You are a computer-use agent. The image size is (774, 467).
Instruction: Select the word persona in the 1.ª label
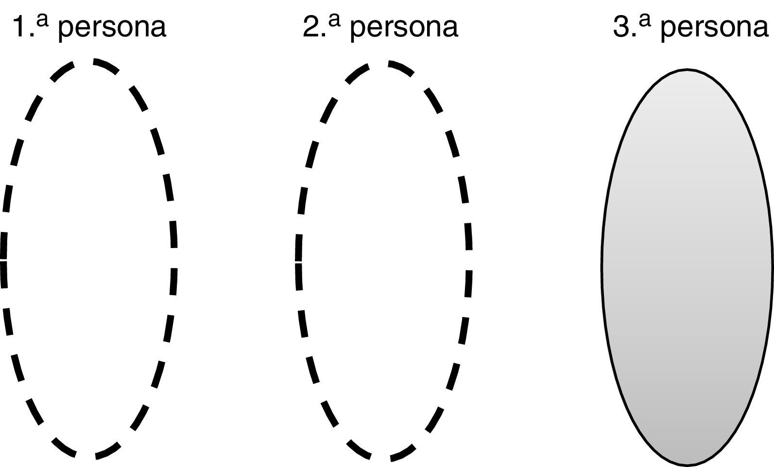(112, 28)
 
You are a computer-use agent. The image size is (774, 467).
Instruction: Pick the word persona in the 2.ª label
(404, 28)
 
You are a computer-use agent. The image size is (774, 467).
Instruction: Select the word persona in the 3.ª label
(715, 28)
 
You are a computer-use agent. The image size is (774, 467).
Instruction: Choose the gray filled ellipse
(687, 267)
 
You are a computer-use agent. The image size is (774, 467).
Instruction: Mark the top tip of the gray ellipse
(687, 70)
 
